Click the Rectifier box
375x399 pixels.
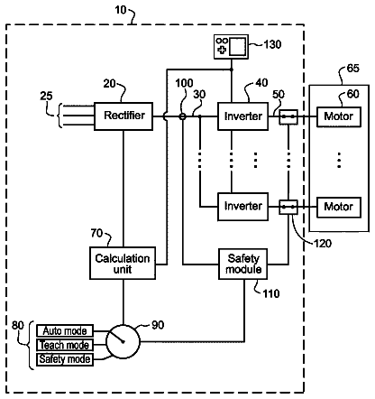point(123,116)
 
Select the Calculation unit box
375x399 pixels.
point(123,264)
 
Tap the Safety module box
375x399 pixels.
point(242,264)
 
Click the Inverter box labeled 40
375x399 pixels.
point(242,116)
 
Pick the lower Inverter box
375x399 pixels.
point(242,207)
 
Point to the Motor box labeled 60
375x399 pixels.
point(339,116)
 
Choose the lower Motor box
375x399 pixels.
point(339,207)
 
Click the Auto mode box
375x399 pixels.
point(65,330)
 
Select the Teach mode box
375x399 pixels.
point(65,345)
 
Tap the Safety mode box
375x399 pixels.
point(65,359)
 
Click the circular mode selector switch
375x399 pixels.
point(123,341)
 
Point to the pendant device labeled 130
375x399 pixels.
point(231,47)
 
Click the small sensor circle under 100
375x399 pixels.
point(182,116)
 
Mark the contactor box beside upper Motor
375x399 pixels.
point(288,116)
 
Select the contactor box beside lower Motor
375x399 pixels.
point(288,207)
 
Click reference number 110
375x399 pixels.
point(271,293)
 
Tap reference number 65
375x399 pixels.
point(352,69)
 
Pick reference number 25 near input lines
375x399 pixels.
point(46,96)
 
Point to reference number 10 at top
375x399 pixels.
point(121,10)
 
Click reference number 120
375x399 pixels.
point(323,243)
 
